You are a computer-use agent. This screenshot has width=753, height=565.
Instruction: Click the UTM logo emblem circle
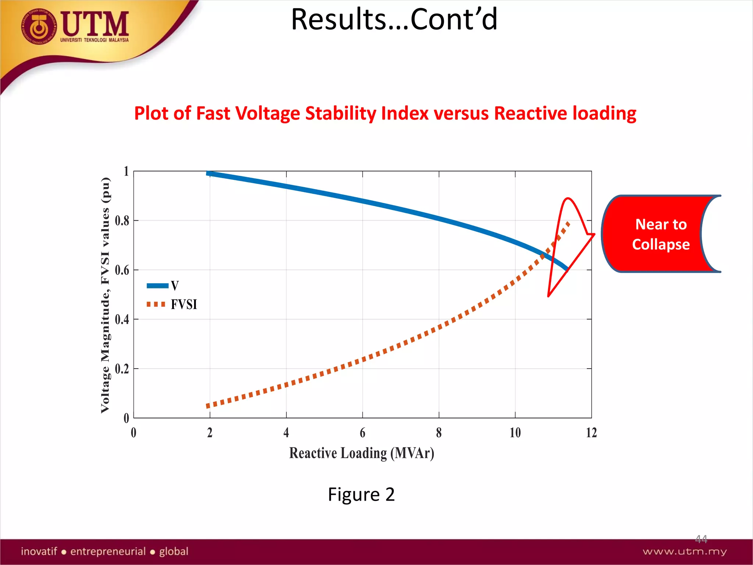(39, 27)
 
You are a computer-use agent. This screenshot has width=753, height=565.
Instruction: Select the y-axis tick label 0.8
(122, 221)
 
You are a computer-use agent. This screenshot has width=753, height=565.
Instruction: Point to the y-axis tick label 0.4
(122, 319)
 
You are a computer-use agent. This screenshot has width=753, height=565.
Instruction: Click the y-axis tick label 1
(126, 171)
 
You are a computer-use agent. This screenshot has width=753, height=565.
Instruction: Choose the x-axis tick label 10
(515, 433)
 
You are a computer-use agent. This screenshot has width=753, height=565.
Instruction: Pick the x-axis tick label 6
(363, 433)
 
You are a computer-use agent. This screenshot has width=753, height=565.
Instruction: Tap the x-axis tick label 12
(591, 433)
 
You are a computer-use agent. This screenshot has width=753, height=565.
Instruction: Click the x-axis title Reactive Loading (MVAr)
(361, 453)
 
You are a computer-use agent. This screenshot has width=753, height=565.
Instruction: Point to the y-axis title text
(105, 295)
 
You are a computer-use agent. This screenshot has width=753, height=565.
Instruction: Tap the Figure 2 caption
(361, 494)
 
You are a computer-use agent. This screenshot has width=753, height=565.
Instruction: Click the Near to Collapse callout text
(661, 234)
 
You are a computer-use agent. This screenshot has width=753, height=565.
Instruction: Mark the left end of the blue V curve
(208, 173)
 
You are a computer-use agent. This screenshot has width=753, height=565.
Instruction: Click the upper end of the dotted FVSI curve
(568, 223)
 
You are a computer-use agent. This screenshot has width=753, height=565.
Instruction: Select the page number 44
(701, 539)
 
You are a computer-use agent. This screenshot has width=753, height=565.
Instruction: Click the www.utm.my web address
(685, 551)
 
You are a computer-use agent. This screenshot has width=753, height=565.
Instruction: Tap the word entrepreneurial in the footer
(108, 551)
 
